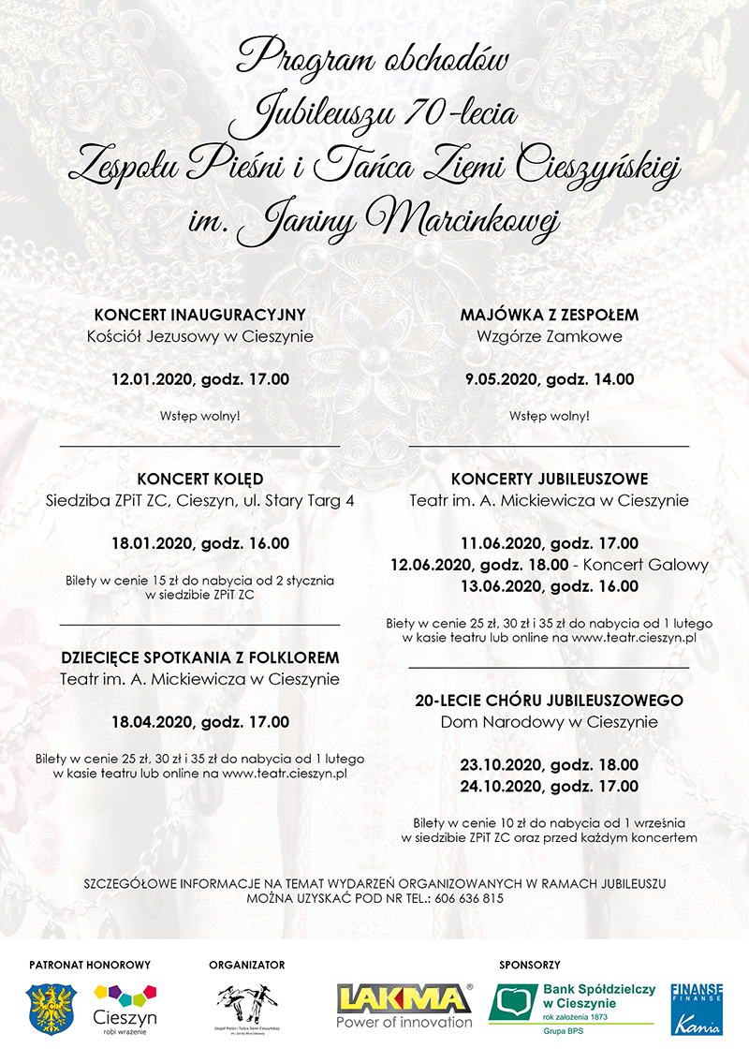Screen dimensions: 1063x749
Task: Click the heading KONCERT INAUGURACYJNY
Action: tap(199, 315)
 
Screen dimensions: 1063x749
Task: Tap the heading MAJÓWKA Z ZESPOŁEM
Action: tap(550, 315)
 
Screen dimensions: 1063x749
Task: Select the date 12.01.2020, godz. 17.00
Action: tap(199, 379)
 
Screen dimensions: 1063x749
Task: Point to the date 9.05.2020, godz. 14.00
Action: tap(550, 379)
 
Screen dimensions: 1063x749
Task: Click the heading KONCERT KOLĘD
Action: tap(199, 479)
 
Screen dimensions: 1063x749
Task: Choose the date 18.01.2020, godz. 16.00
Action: tap(199, 543)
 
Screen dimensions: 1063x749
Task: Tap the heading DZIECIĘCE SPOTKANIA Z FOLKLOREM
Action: tap(199, 657)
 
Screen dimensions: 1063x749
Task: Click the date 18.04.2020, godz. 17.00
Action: tap(199, 722)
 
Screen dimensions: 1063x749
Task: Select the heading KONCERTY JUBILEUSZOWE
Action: tap(550, 479)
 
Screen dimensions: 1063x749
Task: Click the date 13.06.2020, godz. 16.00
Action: tap(550, 586)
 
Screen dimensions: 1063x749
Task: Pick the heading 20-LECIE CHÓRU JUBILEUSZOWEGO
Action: tap(550, 700)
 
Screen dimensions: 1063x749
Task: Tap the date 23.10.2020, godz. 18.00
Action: tap(550, 764)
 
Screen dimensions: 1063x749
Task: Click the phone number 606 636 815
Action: tap(469, 898)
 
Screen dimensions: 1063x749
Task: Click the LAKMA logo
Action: tap(404, 1005)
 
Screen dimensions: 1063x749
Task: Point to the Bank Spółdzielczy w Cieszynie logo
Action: tap(571, 1008)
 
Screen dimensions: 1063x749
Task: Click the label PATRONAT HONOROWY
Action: tap(90, 964)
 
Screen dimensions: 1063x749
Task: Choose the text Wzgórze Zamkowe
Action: tap(550, 336)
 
